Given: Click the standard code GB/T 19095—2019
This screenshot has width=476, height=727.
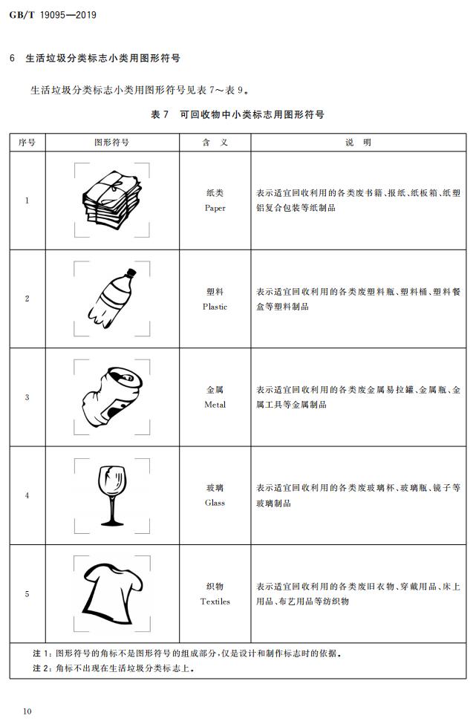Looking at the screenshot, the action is [53, 15].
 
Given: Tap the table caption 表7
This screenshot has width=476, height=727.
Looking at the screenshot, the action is [160, 114].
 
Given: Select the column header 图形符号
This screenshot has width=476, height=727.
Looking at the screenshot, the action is [111, 143].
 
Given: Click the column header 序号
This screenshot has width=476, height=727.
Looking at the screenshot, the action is [27, 143].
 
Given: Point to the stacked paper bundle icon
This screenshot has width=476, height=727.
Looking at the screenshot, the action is [111, 200].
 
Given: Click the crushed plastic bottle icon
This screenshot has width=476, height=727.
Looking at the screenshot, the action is [112, 299].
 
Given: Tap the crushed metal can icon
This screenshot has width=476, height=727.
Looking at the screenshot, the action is [113, 397].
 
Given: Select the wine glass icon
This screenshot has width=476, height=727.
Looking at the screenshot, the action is [112, 495].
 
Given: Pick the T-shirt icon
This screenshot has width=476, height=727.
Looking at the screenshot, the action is [113, 594].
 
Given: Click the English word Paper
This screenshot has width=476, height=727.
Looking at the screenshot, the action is [215, 208].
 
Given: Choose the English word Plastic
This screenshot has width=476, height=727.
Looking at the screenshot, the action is [215, 307].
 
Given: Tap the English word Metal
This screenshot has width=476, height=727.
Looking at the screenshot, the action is [215, 405].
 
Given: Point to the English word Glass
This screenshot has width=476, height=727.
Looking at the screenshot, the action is [215, 503].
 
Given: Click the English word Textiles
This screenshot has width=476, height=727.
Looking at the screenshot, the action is [215, 602].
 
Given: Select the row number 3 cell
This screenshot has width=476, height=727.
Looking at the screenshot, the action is [27, 397].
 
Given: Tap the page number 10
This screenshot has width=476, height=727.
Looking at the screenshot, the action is [27, 711].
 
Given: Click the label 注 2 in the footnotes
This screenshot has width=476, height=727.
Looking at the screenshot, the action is [42, 668].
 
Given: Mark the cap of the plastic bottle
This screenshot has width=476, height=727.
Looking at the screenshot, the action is [131, 273].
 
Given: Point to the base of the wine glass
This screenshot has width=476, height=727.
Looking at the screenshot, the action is [112, 524].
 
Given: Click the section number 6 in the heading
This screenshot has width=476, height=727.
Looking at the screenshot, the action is [13, 59].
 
